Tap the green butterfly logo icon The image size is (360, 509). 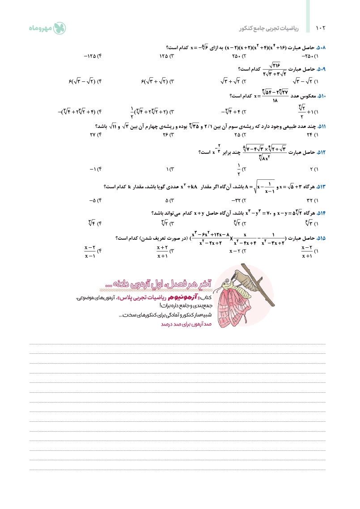[59, 28]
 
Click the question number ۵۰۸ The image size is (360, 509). [321, 47]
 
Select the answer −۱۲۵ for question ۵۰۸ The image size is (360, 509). [93, 56]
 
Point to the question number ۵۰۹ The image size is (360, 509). [321, 69]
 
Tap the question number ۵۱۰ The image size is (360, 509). [321, 96]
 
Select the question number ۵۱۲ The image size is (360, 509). [321, 153]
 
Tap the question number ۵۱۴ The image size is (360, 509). [321, 213]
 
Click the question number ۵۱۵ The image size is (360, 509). [321, 238]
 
